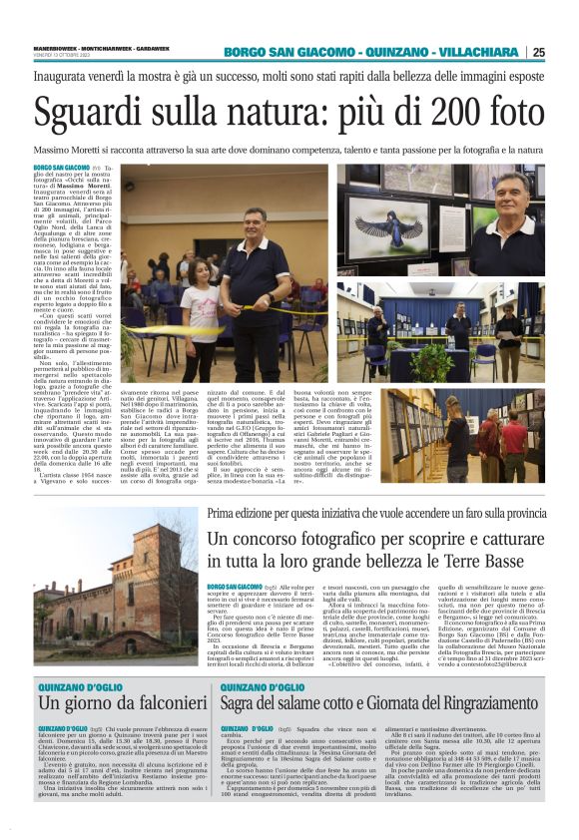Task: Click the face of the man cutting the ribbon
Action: (254, 221)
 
